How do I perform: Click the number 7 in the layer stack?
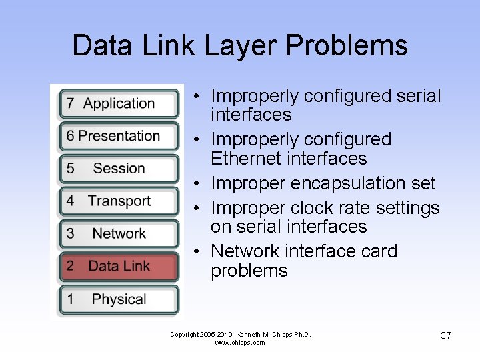point(70,104)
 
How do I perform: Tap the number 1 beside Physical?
point(70,299)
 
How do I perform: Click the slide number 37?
point(446,335)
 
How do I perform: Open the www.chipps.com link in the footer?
point(240,343)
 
